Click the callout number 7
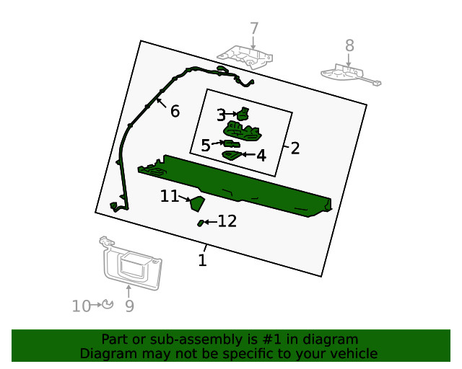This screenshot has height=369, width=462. pyautogui.click(x=254, y=29)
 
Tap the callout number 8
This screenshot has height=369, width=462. pyautogui.click(x=349, y=45)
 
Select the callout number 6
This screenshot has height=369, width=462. pyautogui.click(x=175, y=111)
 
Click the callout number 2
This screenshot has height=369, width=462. pyautogui.click(x=295, y=148)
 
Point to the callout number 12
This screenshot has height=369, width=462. pyautogui.click(x=227, y=221)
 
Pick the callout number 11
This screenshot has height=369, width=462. pyautogui.click(x=170, y=196)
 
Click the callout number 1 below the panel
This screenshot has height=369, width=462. pyautogui.click(x=202, y=260)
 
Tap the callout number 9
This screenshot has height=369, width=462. pyautogui.click(x=130, y=306)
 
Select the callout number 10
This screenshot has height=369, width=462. pyautogui.click(x=82, y=306)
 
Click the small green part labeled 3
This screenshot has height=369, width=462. pyautogui.click(x=243, y=114)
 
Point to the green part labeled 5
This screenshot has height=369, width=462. pyautogui.click(x=232, y=143)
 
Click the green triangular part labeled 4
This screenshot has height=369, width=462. pyautogui.click(x=232, y=156)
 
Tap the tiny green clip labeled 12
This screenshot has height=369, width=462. pyautogui.click(x=201, y=223)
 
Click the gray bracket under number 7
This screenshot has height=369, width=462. pyautogui.click(x=245, y=57)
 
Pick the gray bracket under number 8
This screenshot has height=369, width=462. pyautogui.click(x=348, y=74)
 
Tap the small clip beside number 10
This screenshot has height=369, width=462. pyautogui.click(x=108, y=304)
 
